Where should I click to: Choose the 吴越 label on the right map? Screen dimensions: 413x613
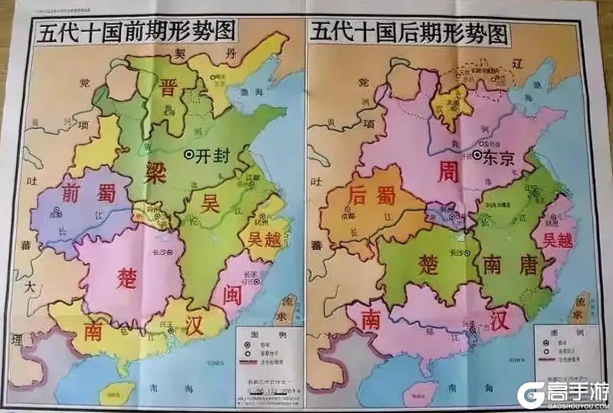[x=557, y=240]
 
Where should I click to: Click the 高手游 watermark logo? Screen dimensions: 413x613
[x=563, y=394]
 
